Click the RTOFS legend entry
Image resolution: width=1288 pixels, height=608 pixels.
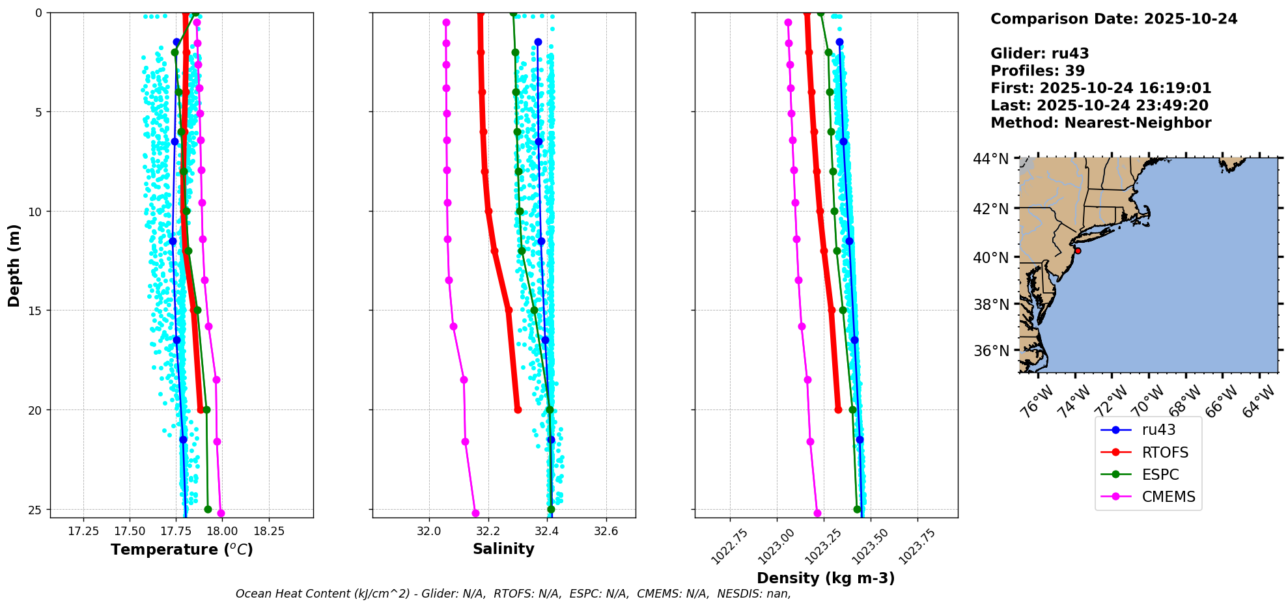[x=1165, y=452]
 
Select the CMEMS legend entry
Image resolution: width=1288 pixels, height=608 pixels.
[x=1168, y=497]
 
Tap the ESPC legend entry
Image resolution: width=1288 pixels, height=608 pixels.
[x=1160, y=475]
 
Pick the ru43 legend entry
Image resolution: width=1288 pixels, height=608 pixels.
[x=1158, y=430]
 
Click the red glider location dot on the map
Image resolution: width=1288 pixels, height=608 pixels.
[x=1078, y=251]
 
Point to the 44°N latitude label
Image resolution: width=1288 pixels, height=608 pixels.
[x=991, y=159]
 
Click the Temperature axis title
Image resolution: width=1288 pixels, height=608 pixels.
[x=182, y=549]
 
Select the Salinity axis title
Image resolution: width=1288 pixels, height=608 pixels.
[x=503, y=549]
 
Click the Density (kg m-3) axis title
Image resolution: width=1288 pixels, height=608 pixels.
[x=826, y=578]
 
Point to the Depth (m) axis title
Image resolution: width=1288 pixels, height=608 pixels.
[x=14, y=265]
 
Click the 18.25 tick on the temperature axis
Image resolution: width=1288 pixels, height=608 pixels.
[x=269, y=531]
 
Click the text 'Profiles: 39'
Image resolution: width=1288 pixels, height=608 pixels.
[x=1037, y=71]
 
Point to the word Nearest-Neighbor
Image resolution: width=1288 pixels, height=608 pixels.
[x=1138, y=123]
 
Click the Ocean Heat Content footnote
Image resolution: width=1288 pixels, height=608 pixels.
[x=513, y=594]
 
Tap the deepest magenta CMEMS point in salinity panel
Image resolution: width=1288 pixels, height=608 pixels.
[x=475, y=513]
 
